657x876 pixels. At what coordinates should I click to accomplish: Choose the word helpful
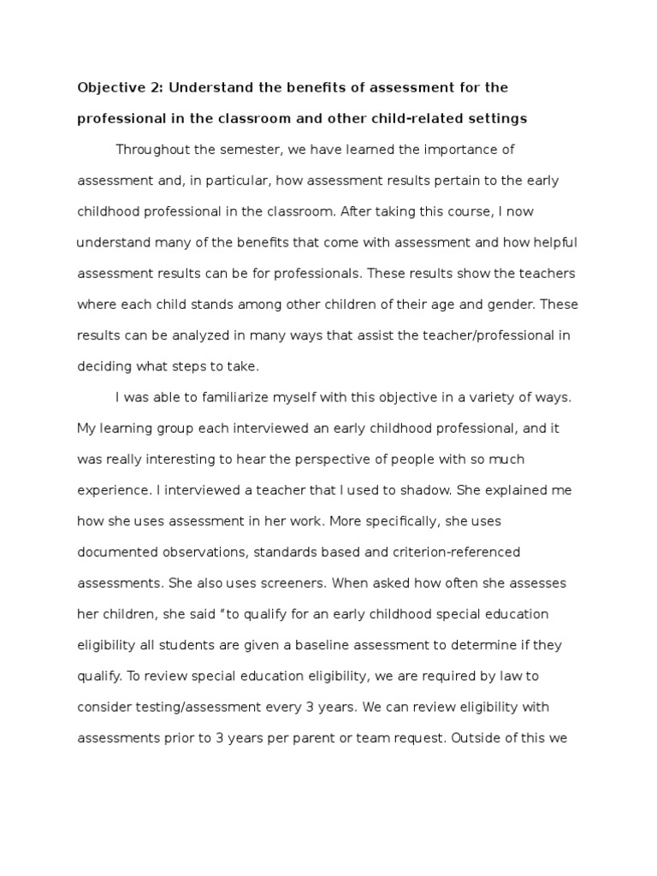tap(553, 242)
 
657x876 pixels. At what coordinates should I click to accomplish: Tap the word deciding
tap(104, 366)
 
